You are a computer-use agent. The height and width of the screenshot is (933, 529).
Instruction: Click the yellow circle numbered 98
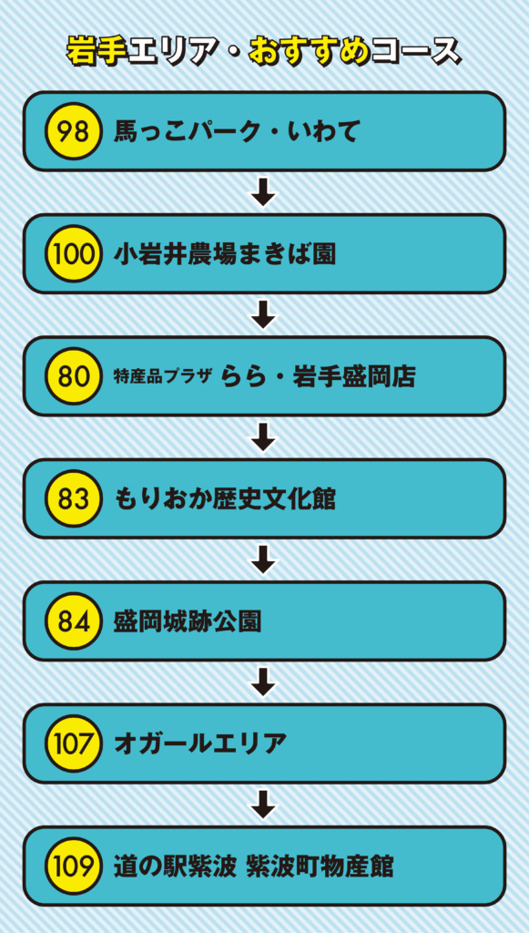74,131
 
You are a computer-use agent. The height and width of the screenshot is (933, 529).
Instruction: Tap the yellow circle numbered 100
74,254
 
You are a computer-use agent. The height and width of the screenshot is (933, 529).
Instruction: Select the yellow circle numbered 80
74,376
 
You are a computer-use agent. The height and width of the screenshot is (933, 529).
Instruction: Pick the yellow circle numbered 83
74,498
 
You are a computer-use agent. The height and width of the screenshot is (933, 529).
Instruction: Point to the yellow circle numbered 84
74,621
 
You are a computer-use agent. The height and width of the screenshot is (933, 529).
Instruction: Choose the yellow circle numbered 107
74,743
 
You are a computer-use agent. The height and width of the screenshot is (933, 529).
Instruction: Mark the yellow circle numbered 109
74,866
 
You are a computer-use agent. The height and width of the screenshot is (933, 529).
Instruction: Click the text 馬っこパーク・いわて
236,132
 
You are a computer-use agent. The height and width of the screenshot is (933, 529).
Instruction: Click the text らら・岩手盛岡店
318,376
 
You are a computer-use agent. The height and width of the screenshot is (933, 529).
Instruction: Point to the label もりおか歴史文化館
225,499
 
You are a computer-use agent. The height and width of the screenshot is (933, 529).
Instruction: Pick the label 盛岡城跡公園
188,621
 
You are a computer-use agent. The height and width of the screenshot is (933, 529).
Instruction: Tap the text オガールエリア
199,743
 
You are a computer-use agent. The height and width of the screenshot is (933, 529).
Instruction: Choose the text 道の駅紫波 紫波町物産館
253,866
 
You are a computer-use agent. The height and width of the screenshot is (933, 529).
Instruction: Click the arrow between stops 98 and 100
264,192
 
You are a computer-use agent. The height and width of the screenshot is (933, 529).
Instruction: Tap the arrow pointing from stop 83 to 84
264,559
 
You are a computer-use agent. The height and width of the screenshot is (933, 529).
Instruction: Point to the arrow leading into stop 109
264,805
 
